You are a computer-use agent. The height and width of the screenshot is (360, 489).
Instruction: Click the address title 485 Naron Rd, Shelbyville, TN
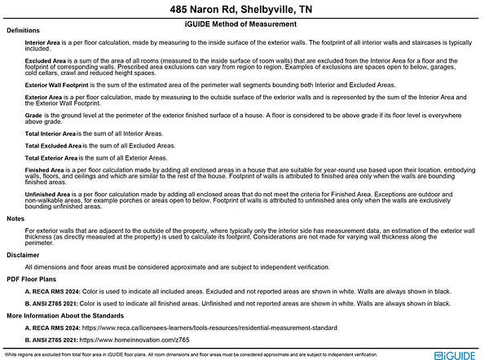(x=244, y=11)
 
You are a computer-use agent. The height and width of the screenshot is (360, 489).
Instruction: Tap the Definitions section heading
(x=23, y=30)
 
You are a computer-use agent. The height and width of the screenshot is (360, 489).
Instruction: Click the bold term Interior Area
(x=44, y=41)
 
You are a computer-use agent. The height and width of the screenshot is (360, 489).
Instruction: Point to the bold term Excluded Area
(x=46, y=60)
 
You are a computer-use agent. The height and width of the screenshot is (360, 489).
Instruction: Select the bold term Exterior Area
(x=44, y=97)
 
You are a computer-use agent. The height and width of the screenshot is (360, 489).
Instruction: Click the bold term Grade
(x=33, y=116)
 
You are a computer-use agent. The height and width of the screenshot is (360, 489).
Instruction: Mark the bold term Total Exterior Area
(x=53, y=157)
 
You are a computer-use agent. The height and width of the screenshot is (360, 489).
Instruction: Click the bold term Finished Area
(x=44, y=169)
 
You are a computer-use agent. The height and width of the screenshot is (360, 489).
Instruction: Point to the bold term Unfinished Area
(x=47, y=194)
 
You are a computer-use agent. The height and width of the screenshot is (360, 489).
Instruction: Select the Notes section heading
(x=15, y=219)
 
